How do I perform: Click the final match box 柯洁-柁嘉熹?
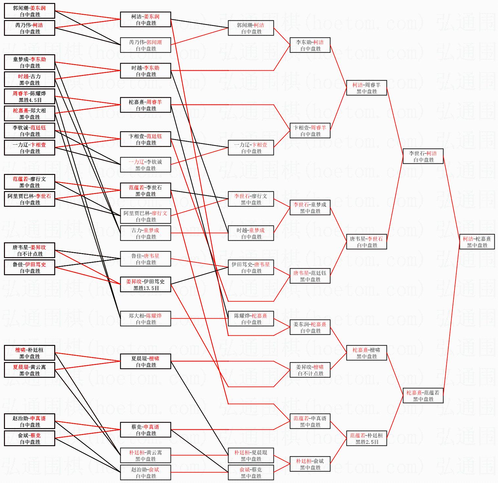tap(477, 242)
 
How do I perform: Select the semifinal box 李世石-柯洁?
tap(423, 156)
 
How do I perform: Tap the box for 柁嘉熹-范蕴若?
tap(423, 396)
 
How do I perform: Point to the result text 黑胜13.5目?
tap(146, 288)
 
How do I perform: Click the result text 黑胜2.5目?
tap(367, 442)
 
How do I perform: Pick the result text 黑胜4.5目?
tap(30, 100)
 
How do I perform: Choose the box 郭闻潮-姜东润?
tap(30, 11)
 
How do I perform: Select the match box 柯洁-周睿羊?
tap(367, 88)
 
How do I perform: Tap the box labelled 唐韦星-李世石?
tap(367, 242)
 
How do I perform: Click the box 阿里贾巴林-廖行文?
tap(146, 216)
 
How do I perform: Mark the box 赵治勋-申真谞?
tap(30, 421)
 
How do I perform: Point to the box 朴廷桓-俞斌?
tap(310, 464)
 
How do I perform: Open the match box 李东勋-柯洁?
tap(310, 45)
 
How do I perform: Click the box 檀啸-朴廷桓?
tap(30, 353)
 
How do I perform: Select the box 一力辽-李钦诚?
tap(146, 165)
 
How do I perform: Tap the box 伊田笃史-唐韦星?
tap(251, 267)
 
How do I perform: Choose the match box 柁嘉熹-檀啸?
tap(367, 353)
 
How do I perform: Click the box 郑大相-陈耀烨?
tap(146, 319)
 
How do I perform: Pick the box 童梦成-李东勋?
tap(30, 62)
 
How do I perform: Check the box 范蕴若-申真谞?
tap(310, 421)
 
